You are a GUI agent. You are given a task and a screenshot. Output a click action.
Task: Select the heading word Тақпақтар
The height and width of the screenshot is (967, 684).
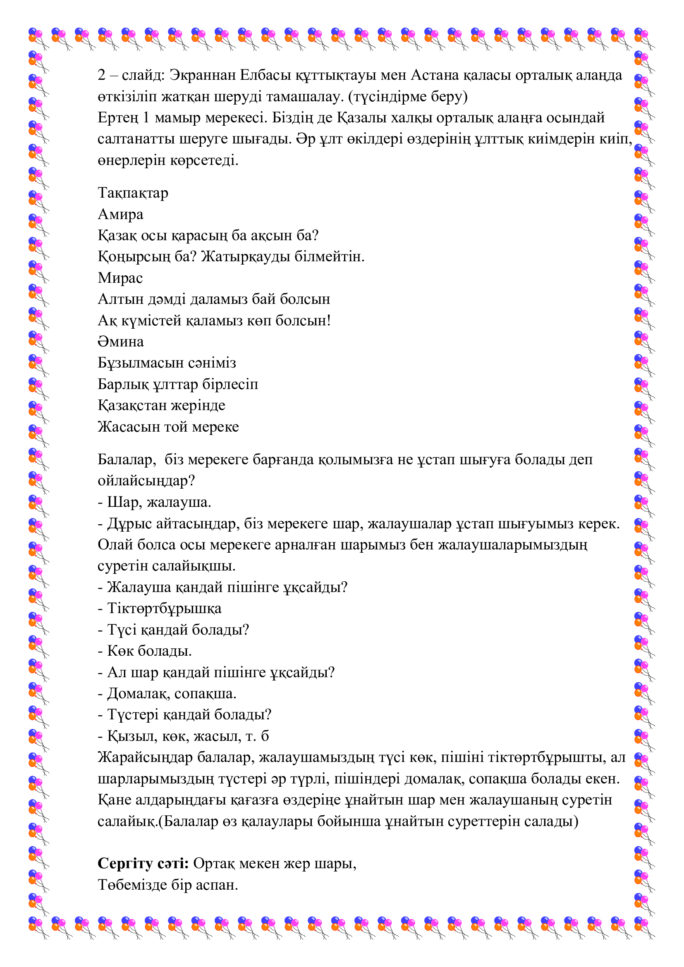(133, 193)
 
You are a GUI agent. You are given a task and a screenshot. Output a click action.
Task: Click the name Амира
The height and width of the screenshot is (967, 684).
(120, 215)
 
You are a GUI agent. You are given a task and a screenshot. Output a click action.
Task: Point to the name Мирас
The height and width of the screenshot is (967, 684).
(120, 278)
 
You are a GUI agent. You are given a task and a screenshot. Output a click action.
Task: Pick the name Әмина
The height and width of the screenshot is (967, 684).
(120, 341)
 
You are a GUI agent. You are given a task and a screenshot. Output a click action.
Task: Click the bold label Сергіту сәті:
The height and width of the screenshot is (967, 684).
(143, 863)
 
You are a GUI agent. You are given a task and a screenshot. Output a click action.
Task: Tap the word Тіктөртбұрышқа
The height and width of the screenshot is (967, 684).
(164, 609)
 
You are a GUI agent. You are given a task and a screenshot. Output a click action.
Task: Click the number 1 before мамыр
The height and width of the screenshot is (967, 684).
(146, 118)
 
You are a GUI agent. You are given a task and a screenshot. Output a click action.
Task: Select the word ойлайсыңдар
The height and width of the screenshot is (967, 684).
(146, 481)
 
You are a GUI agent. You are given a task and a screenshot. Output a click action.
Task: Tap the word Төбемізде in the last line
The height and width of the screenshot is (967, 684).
(132, 884)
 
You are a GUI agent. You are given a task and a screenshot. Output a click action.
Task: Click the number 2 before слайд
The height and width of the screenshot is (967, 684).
(101, 75)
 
